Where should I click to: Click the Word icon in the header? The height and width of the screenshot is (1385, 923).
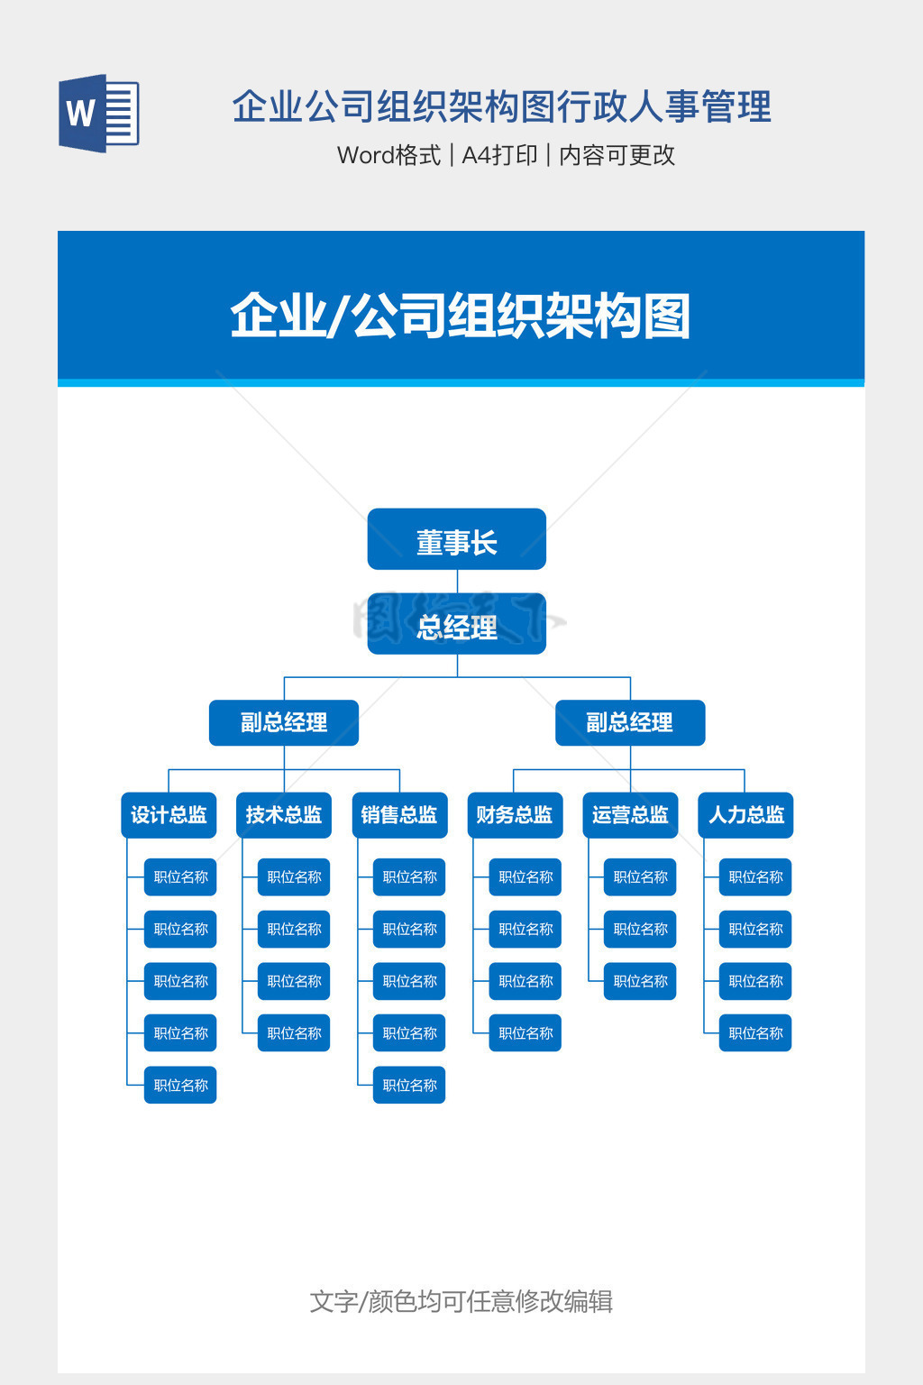tap(99, 114)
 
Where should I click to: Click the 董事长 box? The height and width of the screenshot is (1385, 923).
tap(456, 539)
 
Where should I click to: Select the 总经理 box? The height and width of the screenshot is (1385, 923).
tap(456, 624)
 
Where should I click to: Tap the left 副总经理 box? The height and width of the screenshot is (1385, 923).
tap(284, 723)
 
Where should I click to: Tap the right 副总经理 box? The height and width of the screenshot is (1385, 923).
tap(629, 723)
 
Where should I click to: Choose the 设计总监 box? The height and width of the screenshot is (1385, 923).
tap(169, 815)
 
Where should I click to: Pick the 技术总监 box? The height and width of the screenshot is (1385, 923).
tap(284, 815)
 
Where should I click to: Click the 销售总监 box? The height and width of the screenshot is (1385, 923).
tap(399, 815)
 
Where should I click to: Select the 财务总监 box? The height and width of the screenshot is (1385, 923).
tap(515, 815)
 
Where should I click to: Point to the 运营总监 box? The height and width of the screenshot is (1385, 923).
tap(630, 815)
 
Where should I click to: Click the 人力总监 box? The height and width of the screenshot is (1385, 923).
tap(745, 815)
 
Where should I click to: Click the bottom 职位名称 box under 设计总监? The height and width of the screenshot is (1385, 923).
tap(180, 1086)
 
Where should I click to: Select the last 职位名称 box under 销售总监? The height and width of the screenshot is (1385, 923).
tap(409, 1086)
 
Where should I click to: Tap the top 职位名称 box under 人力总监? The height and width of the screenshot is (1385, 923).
tap(755, 877)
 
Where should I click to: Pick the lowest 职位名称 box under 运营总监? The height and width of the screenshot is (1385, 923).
tap(640, 981)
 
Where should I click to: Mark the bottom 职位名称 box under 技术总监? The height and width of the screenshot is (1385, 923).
tap(294, 1033)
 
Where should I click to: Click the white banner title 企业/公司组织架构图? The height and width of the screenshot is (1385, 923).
tap(460, 316)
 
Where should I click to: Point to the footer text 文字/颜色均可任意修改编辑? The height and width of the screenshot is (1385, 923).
tap(461, 1301)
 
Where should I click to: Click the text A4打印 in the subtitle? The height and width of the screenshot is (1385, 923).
tap(499, 155)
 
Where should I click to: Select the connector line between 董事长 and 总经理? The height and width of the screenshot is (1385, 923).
tap(457, 582)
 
